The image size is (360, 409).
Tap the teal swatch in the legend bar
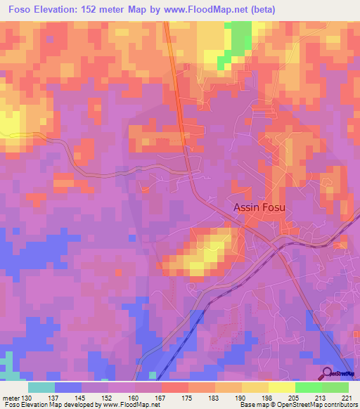pyautogui.click(x=41, y=387)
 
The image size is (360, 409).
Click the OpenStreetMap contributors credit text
pyautogui.click(x=309, y=405)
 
